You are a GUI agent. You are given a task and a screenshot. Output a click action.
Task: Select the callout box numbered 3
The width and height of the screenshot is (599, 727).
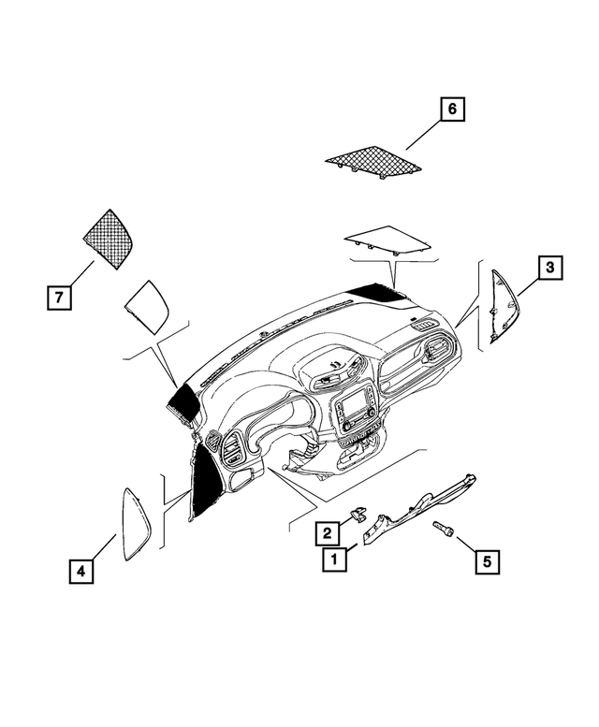(550, 269)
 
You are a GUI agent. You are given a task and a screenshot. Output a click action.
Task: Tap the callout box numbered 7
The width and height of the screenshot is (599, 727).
(58, 298)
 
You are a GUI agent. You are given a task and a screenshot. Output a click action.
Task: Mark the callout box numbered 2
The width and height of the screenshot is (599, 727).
(327, 533)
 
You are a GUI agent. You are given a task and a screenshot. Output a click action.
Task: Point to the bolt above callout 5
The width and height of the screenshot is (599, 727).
(443, 531)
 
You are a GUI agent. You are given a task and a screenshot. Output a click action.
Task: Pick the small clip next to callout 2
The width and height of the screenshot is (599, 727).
(357, 515)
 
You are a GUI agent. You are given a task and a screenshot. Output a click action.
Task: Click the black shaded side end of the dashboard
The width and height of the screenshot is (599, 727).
(204, 482)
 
